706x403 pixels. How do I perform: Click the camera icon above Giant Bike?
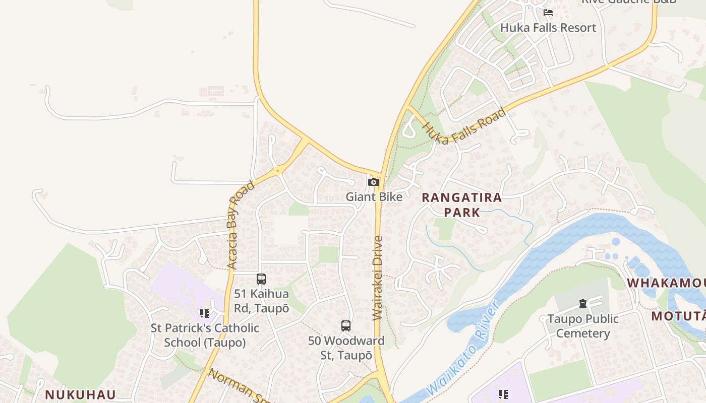coord(373,182)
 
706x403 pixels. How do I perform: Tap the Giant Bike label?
coord(374,196)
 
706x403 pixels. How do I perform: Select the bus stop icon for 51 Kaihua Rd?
coord(261,279)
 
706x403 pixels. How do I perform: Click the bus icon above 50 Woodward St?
coord(345,326)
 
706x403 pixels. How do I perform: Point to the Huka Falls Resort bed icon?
coord(548,13)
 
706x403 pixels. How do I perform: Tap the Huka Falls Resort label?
coord(548,28)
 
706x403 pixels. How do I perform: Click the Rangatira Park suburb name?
coord(461,205)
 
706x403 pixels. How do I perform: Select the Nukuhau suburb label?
coord(80,394)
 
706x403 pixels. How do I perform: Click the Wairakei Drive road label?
coord(378,278)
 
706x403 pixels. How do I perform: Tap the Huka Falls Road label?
coord(464,126)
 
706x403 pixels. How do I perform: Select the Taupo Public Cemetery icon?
coord(583,304)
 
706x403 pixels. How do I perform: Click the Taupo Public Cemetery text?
coord(583,326)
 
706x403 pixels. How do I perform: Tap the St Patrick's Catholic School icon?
coord(204,313)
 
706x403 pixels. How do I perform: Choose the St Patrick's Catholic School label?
coord(205,335)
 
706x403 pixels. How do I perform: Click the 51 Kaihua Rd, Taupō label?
coord(261,301)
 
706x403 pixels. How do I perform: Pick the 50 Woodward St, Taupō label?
coord(346,348)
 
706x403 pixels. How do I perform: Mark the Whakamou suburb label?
coord(666,283)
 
